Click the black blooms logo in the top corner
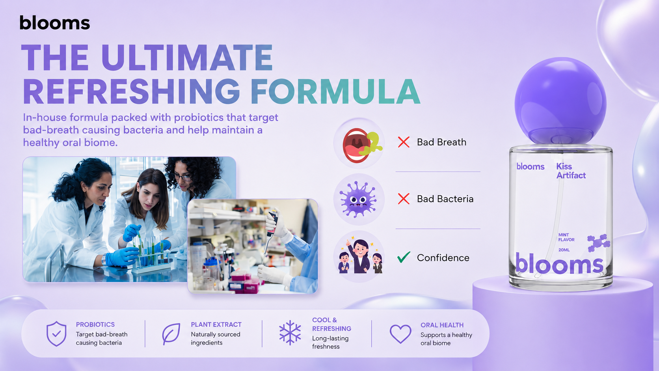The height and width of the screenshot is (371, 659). pos(54,23)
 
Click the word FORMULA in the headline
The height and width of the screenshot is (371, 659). pos(336,91)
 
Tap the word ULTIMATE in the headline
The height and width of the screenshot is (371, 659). pos(187,58)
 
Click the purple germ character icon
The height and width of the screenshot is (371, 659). pos(358,199)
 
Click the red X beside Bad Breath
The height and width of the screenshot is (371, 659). pos(404,142)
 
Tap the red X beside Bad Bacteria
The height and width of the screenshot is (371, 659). pos(404,199)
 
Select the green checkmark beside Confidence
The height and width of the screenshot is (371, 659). pos(404,257)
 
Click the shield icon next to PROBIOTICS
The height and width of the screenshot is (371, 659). pos(56,334)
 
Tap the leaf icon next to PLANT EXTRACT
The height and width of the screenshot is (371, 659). pos(171,334)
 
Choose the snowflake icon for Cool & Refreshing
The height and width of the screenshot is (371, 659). pos(290,332)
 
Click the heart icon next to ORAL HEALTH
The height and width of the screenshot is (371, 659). pos(400,334)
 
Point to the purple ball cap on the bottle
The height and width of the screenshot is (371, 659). pos(560,101)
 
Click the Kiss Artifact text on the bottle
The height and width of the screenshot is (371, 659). pos(571,171)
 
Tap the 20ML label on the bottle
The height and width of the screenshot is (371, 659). pos(564,250)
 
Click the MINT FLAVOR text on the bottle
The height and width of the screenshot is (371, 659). pos(566,237)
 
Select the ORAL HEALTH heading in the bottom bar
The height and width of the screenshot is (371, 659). pos(442,325)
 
